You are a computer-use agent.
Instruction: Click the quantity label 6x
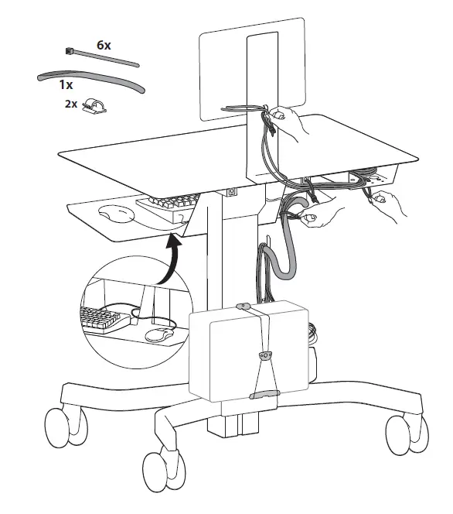[104, 45]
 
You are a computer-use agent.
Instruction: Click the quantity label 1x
[66, 84]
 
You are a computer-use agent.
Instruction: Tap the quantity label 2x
[71, 104]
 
